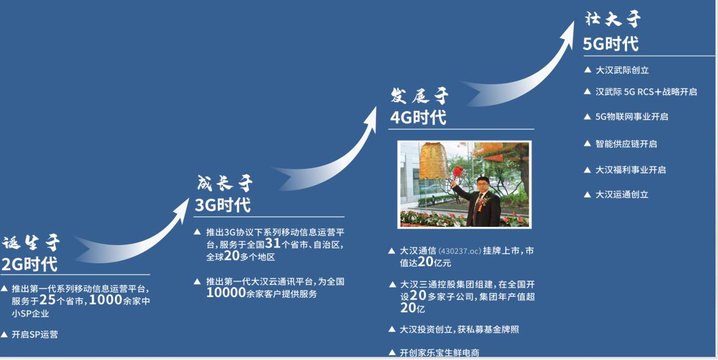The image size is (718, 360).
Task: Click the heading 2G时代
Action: click(29, 264)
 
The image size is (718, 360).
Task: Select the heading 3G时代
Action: click(223, 205)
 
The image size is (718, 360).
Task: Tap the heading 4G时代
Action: click(418, 117)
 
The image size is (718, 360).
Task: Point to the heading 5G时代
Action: click(610, 44)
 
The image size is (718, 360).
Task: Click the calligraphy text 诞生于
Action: click(31, 243)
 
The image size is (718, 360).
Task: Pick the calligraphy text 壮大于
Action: click(612, 20)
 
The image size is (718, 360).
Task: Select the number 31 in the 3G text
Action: click(273, 244)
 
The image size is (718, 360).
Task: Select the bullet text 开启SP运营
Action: click(34, 334)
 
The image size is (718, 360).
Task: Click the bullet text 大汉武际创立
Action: click(622, 70)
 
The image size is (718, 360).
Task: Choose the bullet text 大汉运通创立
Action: click(622, 194)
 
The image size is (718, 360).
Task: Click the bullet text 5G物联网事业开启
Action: click(632, 117)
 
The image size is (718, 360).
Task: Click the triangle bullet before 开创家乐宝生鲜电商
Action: click(392, 352)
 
